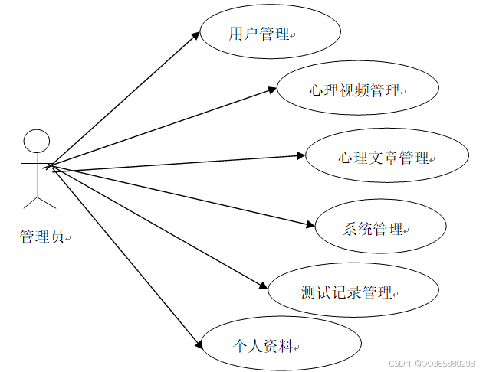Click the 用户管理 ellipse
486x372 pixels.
[x=270, y=34]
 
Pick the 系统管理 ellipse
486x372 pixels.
[x=380, y=228]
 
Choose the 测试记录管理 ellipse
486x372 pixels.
[x=354, y=292]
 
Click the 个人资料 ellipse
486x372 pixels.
[x=281, y=346]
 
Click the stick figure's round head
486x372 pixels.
[x=37, y=142]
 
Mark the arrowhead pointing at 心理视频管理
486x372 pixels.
[x=273, y=90]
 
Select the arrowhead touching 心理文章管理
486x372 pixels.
[x=301, y=156]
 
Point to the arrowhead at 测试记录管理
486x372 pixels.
[x=263, y=287]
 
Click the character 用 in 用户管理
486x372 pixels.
[x=236, y=34]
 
